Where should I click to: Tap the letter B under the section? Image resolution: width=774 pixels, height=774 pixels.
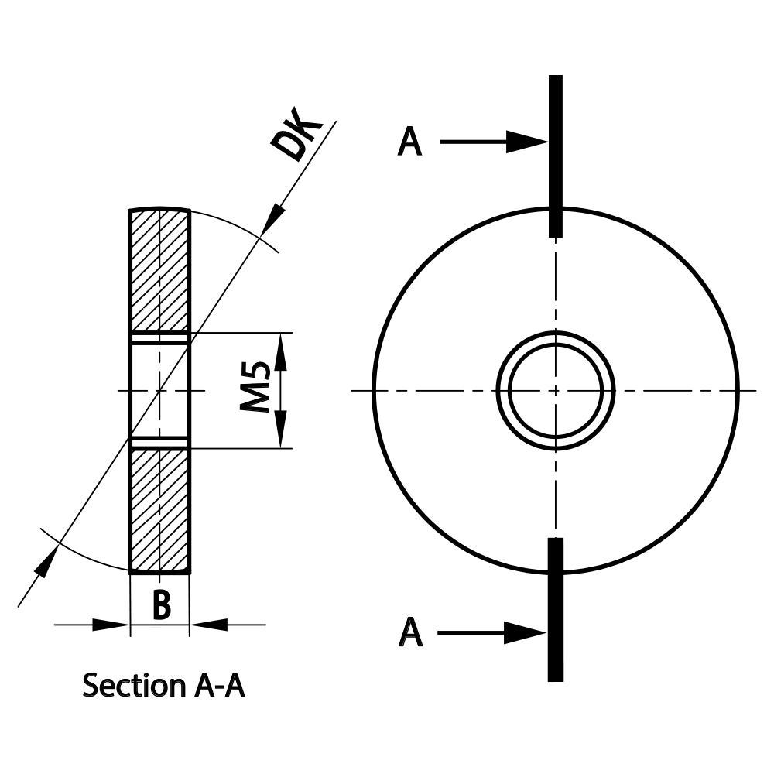[160, 605]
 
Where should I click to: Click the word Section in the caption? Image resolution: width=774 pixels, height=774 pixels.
[128, 686]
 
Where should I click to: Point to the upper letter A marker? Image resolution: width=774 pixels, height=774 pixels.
[410, 142]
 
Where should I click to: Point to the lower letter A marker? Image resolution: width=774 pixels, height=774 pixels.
[411, 632]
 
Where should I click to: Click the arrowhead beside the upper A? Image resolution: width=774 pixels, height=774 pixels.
[528, 142]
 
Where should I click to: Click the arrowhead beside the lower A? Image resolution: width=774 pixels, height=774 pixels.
[528, 632]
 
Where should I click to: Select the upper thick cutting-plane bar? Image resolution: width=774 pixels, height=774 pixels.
[556, 155]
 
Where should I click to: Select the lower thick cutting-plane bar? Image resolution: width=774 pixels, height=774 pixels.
[556, 610]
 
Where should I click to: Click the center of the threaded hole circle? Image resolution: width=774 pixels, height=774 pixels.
[556, 390]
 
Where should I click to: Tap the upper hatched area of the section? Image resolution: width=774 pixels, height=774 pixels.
[159, 271]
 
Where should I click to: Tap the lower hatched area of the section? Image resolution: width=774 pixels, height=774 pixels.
[159, 507]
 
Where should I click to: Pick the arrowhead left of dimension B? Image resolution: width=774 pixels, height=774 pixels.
[111, 624]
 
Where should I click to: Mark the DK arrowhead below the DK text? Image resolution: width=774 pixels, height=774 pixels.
[272, 217]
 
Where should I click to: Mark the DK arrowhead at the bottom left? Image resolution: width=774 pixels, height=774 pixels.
[46, 562]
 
